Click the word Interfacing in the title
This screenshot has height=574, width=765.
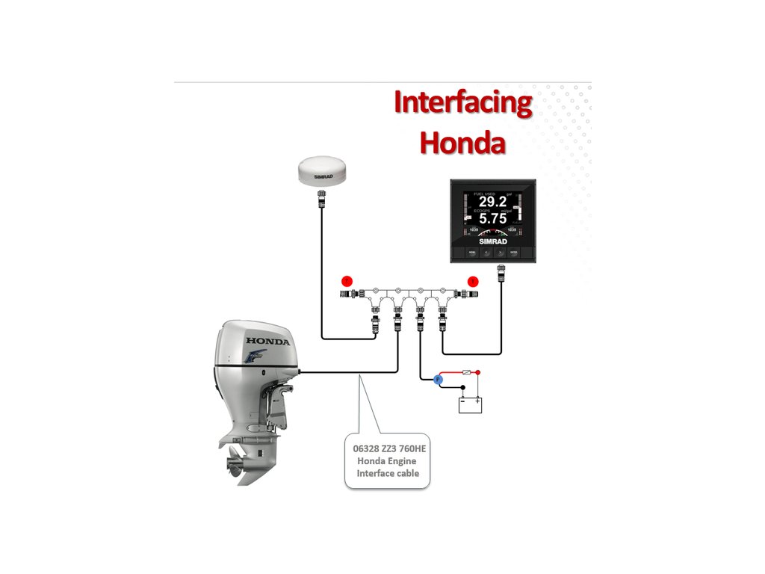(x=462, y=103)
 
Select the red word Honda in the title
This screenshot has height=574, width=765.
(x=462, y=142)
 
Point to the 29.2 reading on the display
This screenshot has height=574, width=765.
(x=492, y=202)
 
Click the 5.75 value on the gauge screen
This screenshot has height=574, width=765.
(x=492, y=219)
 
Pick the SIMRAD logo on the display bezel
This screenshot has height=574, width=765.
(x=492, y=242)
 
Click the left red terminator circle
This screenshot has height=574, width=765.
(x=347, y=281)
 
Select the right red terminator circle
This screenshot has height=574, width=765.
(x=472, y=281)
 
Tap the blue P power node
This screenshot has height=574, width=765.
(x=439, y=380)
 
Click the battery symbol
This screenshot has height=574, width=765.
(x=471, y=404)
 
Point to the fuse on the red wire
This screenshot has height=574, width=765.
(x=468, y=371)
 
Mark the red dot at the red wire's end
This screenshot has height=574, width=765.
(x=478, y=371)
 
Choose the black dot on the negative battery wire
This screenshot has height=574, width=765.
(x=462, y=387)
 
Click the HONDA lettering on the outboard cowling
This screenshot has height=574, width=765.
(x=267, y=342)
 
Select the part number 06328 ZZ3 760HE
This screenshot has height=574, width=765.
(x=388, y=448)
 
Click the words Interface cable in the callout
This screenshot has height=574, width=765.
(x=388, y=473)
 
